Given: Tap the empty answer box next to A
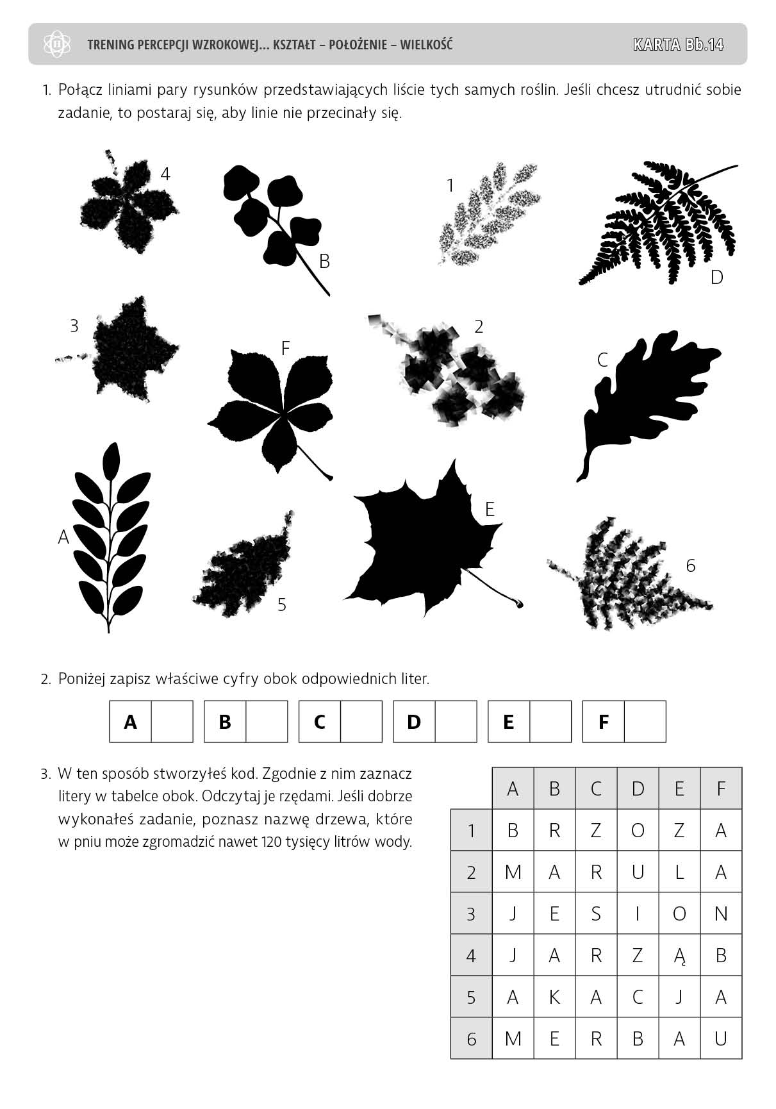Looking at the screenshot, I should pos(172,722).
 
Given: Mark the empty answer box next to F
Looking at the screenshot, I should pos(645,722).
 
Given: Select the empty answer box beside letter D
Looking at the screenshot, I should pos(456,722).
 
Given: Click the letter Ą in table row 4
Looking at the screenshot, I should pos(679,956).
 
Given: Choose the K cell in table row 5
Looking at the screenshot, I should pos(554,997).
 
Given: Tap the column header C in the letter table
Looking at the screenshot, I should pos(596,788).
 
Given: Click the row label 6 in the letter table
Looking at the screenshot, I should pos(471,1039).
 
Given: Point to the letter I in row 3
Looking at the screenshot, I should pos(638,914).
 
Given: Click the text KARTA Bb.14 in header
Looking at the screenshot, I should pos(678,44).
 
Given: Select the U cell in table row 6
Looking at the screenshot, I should pos(721,1039).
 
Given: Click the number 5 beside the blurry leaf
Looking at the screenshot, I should pos(282,605).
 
